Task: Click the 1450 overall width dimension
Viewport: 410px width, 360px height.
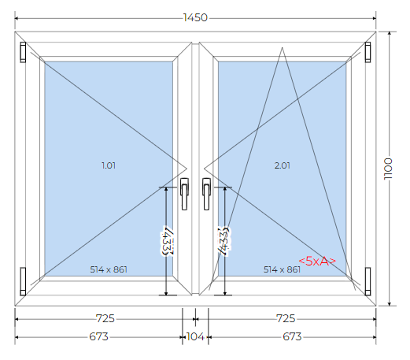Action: [195, 18]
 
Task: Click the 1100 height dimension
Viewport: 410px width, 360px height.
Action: [388, 169]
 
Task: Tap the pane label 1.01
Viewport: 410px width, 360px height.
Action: [109, 165]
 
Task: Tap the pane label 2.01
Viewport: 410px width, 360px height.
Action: [282, 165]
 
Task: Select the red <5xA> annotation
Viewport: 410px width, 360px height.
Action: [317, 261]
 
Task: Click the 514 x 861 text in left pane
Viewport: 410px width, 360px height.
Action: [109, 269]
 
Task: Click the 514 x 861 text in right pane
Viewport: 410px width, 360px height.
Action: [282, 269]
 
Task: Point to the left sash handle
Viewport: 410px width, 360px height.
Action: [184, 194]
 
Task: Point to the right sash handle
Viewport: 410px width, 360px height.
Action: [206, 194]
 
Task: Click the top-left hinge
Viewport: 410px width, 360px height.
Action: [23, 52]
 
